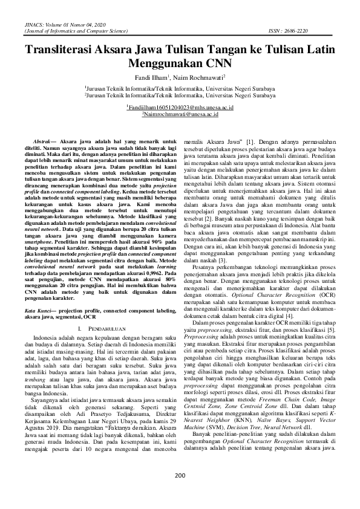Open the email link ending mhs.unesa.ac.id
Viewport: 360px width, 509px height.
(180, 106)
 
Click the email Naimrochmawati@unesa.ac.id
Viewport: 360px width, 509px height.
(180, 114)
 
